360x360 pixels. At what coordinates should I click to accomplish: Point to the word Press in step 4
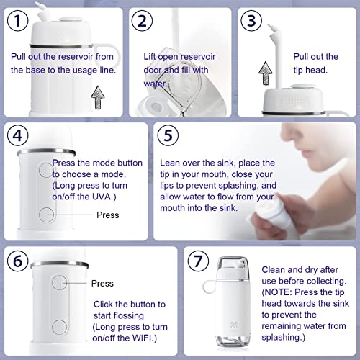pos(107,215)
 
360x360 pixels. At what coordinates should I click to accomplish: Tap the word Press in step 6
pos(103,284)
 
